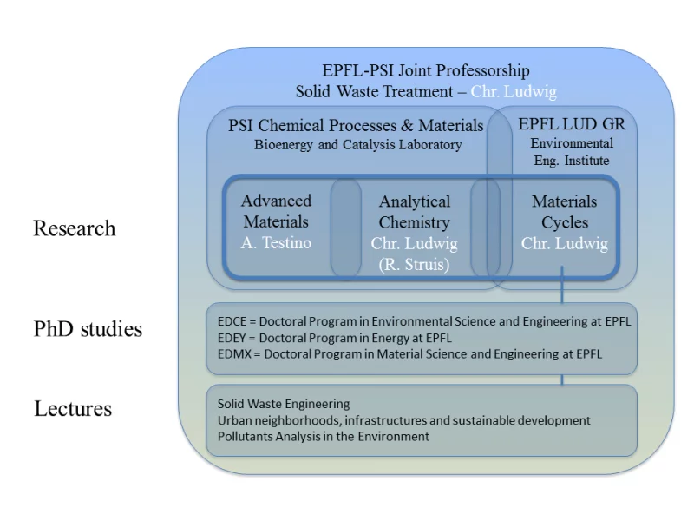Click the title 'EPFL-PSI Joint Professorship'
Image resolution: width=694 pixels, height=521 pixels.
(426, 71)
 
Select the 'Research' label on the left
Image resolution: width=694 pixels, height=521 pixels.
(74, 228)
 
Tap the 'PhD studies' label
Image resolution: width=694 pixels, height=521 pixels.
(88, 329)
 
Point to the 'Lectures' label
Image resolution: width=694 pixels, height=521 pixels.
(73, 408)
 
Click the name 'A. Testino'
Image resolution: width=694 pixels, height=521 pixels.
(276, 243)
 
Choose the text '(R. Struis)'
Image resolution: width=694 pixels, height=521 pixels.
(415, 265)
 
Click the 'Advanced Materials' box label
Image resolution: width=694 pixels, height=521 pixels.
(276, 211)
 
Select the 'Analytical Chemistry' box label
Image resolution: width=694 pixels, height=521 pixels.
(415, 212)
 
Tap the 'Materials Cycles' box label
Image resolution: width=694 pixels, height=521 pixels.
(564, 212)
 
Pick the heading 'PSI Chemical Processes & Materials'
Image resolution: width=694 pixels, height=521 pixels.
(356, 125)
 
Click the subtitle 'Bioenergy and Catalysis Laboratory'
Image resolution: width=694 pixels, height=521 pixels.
(357, 145)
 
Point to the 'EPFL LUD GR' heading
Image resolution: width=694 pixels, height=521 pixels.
(571, 124)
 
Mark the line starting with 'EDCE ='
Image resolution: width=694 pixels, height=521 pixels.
(424, 321)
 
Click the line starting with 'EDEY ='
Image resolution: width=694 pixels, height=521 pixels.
(335, 338)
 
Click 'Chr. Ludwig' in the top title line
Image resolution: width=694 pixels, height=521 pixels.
(514, 91)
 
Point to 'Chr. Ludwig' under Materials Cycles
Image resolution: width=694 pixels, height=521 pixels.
(564, 243)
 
